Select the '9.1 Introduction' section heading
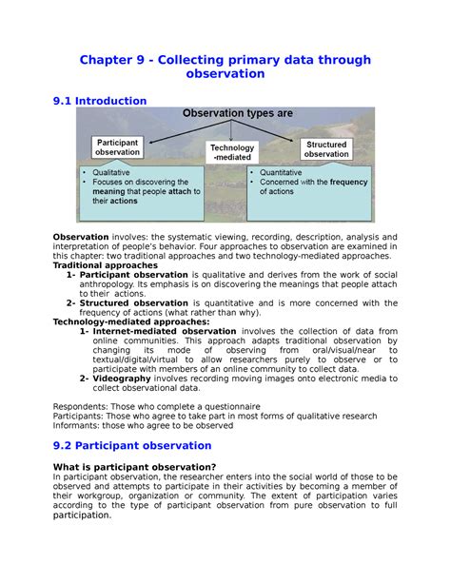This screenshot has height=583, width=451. pyautogui.click(x=100, y=101)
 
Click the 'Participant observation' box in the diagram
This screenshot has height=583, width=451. pyautogui.click(x=118, y=146)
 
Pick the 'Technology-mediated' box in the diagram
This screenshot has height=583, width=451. pyautogui.click(x=232, y=152)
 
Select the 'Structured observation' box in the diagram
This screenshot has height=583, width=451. pyautogui.click(x=326, y=148)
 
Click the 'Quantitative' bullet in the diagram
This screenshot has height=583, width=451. pyautogui.click(x=284, y=172)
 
